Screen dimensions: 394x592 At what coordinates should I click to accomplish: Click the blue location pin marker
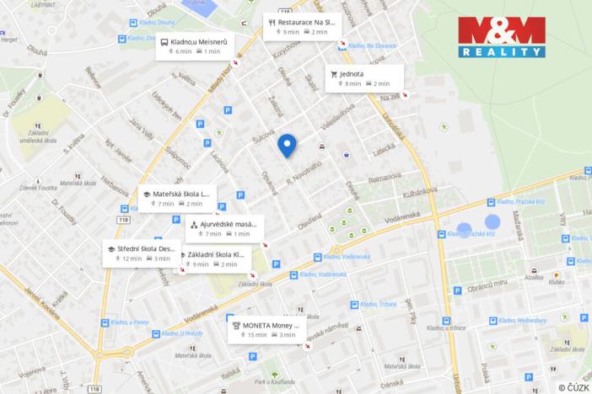click(x=287, y=146)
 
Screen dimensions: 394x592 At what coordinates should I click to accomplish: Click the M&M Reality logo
click(x=501, y=36)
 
